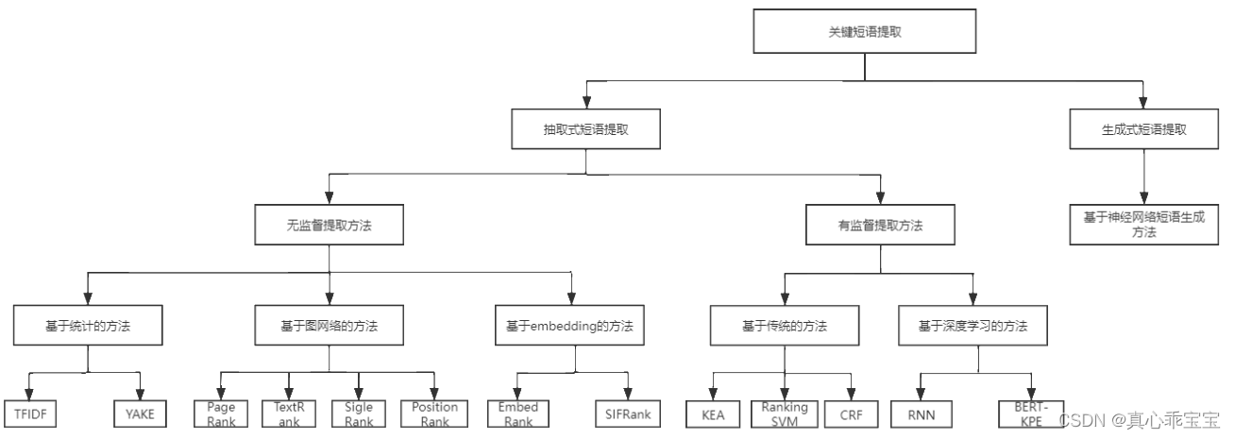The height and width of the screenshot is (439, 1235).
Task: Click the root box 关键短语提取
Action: point(865,31)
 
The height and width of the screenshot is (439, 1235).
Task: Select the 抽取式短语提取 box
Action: point(585,129)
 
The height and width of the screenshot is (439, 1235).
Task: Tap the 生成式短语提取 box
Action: point(1143,129)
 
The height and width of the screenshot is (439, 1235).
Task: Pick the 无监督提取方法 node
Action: point(328,227)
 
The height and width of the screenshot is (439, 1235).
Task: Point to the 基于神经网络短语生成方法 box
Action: point(1143,224)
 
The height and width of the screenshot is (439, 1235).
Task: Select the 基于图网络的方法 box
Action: point(329,327)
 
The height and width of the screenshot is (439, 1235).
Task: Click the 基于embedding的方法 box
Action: point(569,327)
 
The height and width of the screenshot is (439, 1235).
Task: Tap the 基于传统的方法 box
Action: point(784,327)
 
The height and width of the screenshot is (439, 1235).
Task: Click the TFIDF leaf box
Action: point(30,413)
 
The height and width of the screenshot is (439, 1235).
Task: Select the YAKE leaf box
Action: point(141,413)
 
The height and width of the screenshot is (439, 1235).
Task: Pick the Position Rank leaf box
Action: point(434,413)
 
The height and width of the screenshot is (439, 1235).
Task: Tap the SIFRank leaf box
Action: point(627,413)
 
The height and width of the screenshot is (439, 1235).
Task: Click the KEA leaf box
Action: point(713,413)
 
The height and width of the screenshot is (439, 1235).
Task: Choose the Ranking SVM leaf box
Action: point(784,413)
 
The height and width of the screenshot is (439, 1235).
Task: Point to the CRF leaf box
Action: point(852,413)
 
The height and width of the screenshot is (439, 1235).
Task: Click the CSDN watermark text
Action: point(1139,418)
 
